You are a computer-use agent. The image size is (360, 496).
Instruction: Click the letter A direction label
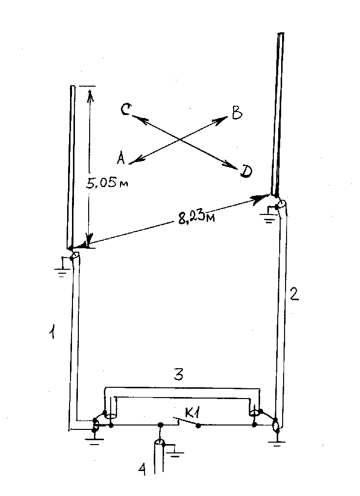click(120, 158)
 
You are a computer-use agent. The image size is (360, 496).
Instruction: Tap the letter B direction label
click(237, 113)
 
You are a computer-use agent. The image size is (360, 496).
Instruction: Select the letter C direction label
click(125, 110)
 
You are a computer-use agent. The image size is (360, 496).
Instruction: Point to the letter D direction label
click(246, 171)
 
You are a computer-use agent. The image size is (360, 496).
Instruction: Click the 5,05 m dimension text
click(107, 183)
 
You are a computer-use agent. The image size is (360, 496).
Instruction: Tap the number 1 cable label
click(53, 333)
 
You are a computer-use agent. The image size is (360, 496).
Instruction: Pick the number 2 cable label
click(294, 294)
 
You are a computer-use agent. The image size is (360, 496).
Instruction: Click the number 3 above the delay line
click(179, 375)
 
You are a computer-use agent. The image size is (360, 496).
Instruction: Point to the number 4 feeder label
click(143, 469)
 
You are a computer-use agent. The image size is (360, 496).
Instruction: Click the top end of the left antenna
click(73, 86)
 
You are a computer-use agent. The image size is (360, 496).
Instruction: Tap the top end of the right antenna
click(281, 33)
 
